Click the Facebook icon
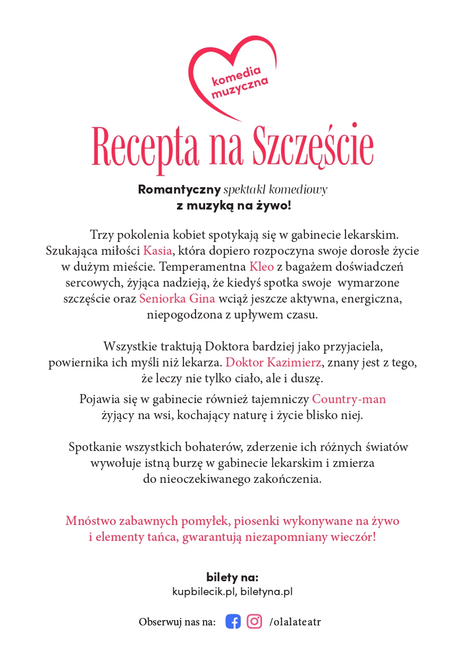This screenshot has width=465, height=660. click(233, 621)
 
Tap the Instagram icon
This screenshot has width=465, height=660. click(255, 621)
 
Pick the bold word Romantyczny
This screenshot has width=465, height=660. click(179, 190)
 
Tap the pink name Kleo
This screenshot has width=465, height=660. click(261, 266)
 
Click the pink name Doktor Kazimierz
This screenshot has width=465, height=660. click(274, 363)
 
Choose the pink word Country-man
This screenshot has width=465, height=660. click(349, 399)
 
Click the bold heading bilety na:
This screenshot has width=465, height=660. click(232, 578)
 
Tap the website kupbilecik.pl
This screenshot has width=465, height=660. click(204, 591)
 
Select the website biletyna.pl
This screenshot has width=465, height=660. click(266, 591)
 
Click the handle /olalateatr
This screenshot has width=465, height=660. click(295, 622)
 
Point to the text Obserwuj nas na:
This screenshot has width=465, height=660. click(177, 622)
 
